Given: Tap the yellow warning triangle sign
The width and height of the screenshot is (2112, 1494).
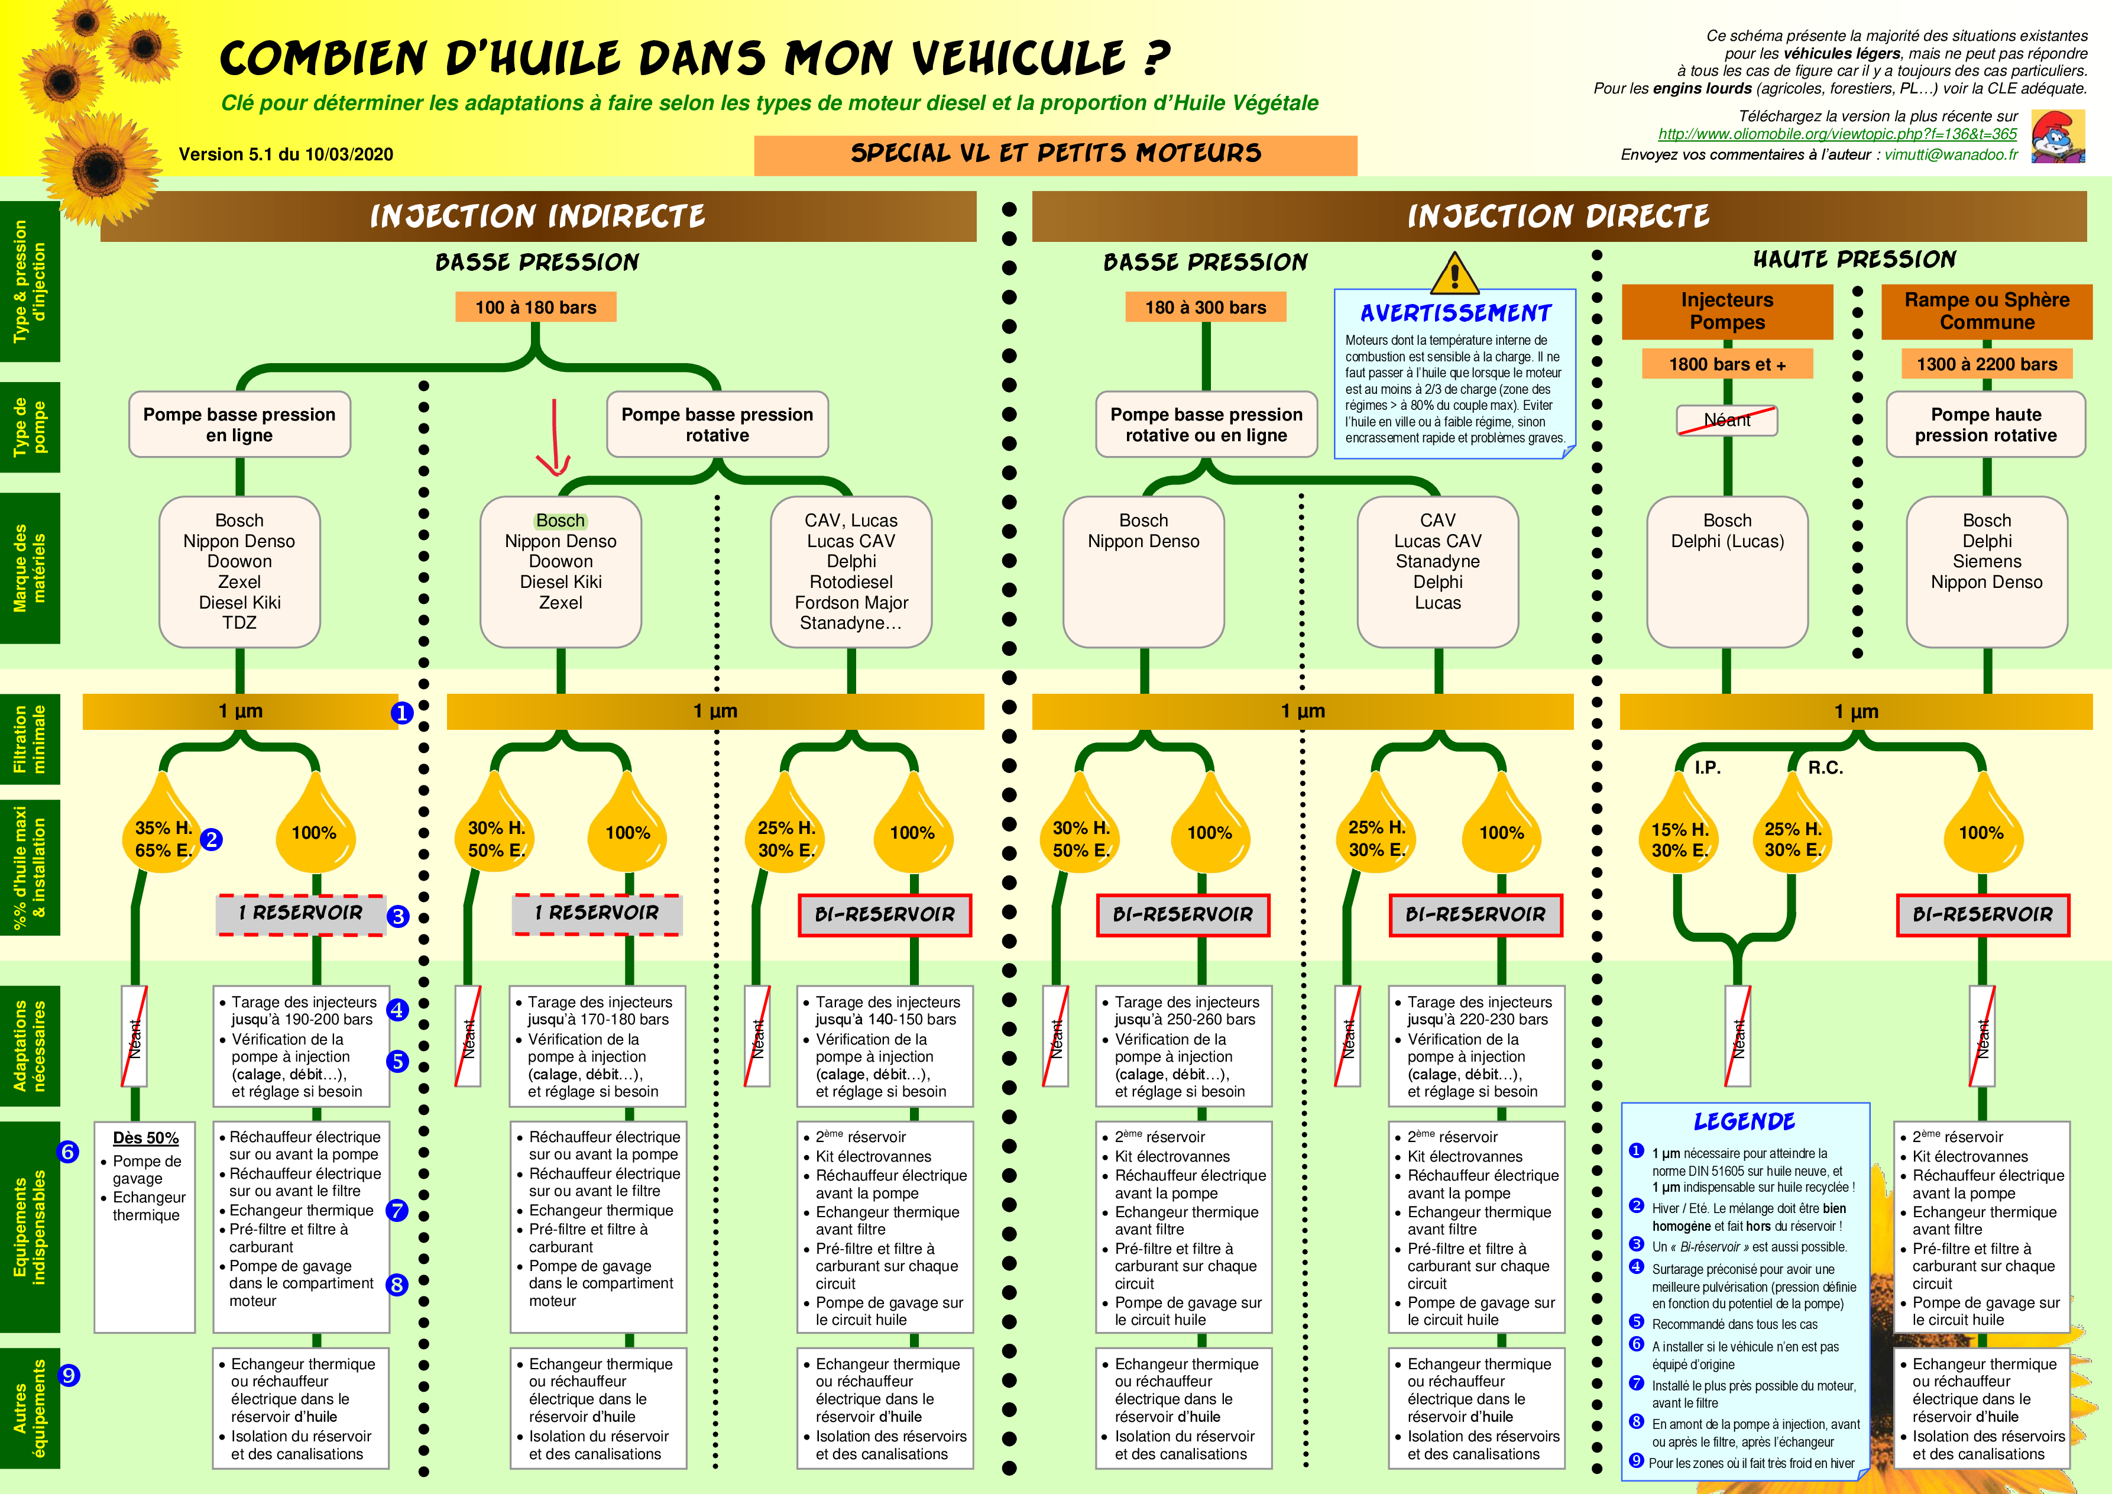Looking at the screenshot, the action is click(x=1455, y=274).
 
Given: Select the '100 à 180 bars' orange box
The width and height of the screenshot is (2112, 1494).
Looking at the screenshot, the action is click(x=535, y=308).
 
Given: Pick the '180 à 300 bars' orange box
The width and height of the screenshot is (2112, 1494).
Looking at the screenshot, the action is click(x=1205, y=308).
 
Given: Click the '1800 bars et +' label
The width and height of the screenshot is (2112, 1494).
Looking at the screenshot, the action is click(x=1726, y=364).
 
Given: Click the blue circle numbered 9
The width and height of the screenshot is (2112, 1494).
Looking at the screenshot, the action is click(x=69, y=1375).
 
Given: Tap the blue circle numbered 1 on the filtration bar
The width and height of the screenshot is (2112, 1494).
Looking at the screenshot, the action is click(x=402, y=713).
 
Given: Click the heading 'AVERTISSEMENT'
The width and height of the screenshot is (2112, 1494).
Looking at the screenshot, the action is click(x=1455, y=313).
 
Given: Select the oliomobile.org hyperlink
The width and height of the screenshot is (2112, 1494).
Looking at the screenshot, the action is click(x=1837, y=134).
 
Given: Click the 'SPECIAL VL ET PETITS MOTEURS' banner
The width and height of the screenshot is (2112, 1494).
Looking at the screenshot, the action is click(x=1055, y=154).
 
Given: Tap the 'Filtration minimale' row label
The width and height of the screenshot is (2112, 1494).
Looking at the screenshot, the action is click(x=30, y=739).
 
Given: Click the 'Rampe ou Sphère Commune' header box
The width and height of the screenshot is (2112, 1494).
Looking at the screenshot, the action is click(x=1986, y=311).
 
